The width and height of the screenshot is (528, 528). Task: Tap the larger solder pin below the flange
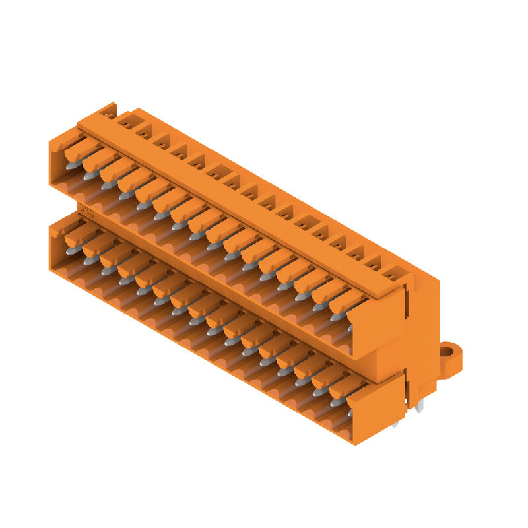(418, 407)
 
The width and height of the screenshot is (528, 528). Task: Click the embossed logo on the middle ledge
(86, 210)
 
